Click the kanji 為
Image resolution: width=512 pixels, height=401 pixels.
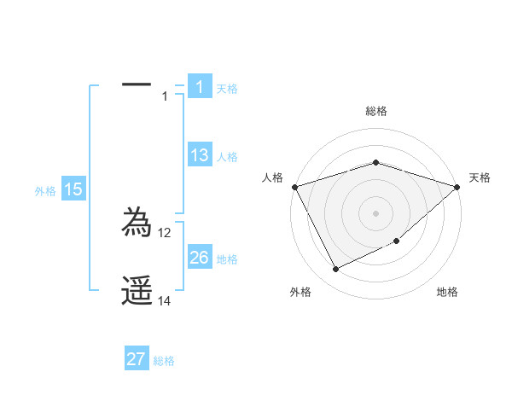(x=137, y=223)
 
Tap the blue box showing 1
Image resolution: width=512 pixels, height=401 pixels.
(x=199, y=86)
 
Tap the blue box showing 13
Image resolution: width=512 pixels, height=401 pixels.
(x=199, y=155)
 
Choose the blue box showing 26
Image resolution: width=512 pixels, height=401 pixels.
(x=199, y=258)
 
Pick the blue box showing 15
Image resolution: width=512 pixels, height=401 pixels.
(x=73, y=189)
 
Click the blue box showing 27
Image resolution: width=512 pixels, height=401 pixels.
(x=137, y=359)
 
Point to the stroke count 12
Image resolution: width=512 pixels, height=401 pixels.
(x=165, y=232)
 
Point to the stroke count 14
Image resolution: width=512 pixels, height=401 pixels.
(x=165, y=301)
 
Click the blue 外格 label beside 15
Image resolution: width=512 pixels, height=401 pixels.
(x=45, y=191)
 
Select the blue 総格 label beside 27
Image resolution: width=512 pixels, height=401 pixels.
(x=164, y=361)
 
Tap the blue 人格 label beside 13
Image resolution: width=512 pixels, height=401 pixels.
(x=227, y=157)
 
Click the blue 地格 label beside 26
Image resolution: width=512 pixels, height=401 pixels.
(x=227, y=259)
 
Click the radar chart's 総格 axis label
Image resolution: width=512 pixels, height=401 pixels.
(x=375, y=111)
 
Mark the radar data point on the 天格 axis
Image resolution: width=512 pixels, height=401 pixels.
(x=457, y=186)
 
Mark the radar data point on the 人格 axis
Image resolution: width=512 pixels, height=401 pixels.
(x=294, y=186)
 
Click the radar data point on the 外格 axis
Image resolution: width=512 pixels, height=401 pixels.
(x=336, y=269)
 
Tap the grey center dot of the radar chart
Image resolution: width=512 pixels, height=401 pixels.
(x=375, y=212)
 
